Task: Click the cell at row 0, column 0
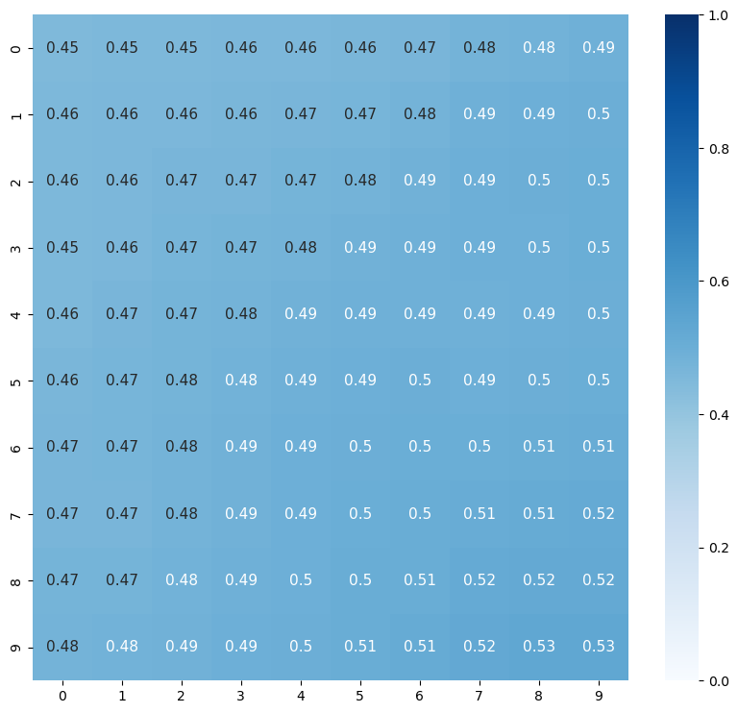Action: [62, 48]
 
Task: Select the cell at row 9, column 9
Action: [599, 647]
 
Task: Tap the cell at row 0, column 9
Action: [599, 48]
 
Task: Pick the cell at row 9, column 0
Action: [62, 647]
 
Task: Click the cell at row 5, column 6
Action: [420, 381]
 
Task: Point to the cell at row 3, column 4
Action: [301, 248]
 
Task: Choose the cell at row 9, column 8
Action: [539, 647]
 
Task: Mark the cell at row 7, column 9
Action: [599, 514]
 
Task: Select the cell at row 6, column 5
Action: [360, 447]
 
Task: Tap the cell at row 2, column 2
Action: [182, 182]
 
